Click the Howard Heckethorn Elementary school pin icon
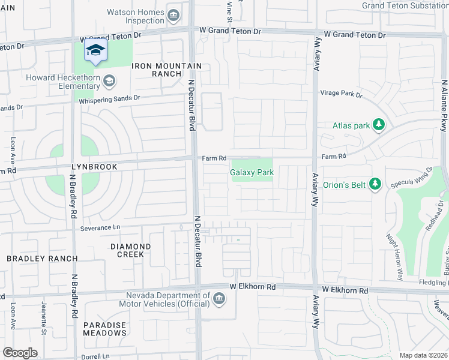(x=109, y=80)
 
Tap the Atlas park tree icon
(x=378, y=125)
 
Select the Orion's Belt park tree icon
(x=376, y=184)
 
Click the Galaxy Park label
(x=252, y=173)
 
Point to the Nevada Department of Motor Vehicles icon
(x=218, y=299)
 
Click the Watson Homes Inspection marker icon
(x=173, y=15)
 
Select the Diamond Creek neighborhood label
(x=130, y=250)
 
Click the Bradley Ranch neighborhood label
(x=42, y=259)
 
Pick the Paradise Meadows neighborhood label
(x=104, y=329)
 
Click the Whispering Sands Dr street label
(x=109, y=98)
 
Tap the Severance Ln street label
(x=100, y=228)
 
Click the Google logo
(x=20, y=353)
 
